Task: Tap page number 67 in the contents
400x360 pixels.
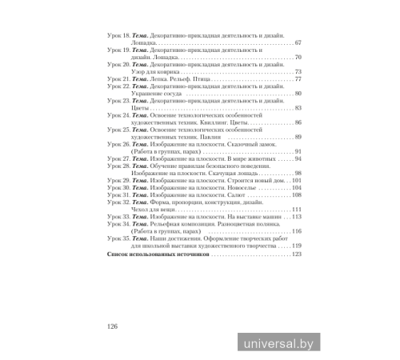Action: click(298, 42)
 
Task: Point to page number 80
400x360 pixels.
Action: click(298, 94)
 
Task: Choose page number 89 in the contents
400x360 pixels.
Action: click(298, 137)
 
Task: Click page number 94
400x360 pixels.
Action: click(298, 158)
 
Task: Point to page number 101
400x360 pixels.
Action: click(297, 181)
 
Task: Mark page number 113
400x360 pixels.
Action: click(297, 217)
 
